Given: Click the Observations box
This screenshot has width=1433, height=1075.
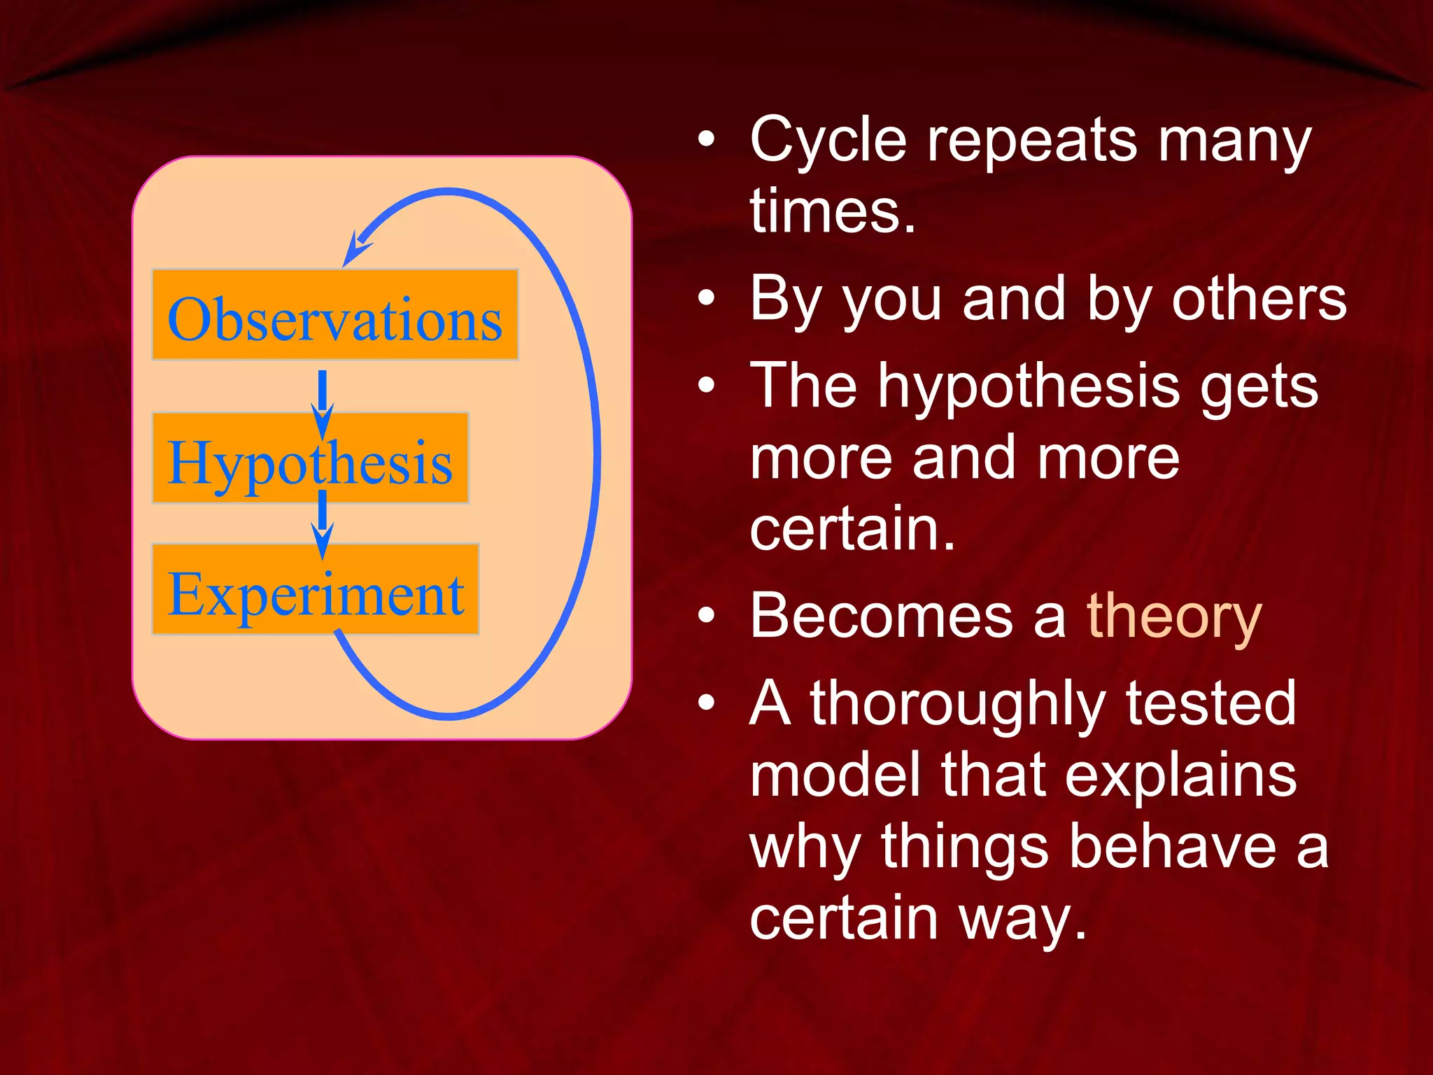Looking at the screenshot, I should pyautogui.click(x=334, y=315).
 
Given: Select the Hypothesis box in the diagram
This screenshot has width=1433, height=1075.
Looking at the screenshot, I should pyautogui.click(x=310, y=458).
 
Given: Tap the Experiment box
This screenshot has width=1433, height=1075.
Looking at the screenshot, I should pyautogui.click(x=315, y=590).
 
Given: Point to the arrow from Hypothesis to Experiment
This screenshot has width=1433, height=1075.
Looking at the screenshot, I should pyautogui.click(x=322, y=524).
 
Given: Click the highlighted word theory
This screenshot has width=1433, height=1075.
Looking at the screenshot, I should pyautogui.click(x=1173, y=616).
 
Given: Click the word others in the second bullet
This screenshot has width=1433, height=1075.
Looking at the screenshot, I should pyautogui.click(x=1259, y=300).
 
